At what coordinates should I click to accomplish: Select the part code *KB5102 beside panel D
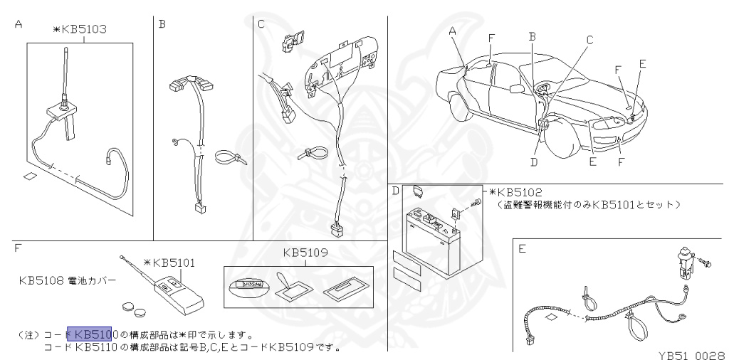pyautogui.click(x=517, y=192)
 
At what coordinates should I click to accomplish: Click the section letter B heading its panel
pyautogui.click(x=162, y=23)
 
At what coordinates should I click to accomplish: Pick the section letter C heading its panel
pyautogui.click(x=261, y=23)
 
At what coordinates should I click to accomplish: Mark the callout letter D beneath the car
pyautogui.click(x=534, y=162)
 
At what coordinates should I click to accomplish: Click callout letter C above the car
pyautogui.click(x=589, y=41)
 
